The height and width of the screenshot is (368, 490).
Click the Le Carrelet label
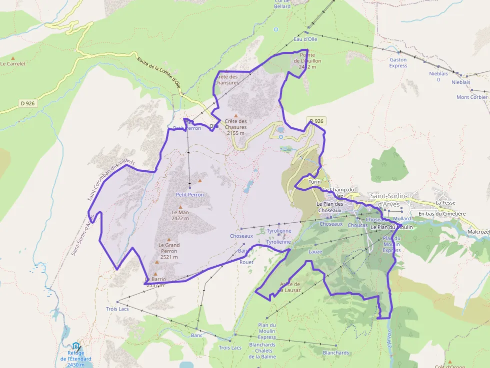click(13, 64)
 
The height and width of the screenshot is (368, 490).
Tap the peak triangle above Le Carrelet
click(13, 58)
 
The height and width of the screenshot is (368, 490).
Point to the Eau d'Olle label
click(305, 39)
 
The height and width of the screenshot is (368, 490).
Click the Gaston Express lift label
click(398, 62)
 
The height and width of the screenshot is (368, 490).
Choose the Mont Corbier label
click(471, 97)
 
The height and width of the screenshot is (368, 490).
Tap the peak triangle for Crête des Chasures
click(236, 115)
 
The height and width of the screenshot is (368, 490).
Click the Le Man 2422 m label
click(180, 215)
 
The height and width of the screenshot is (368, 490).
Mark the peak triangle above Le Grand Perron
click(168, 239)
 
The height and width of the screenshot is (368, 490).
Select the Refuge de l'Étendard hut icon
click(75, 346)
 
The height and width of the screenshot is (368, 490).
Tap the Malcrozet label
click(478, 232)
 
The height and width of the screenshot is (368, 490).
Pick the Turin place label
click(314, 182)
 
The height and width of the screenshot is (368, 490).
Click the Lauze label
click(315, 252)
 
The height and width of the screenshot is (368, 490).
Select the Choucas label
click(357, 225)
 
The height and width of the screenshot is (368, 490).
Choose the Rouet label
click(246, 262)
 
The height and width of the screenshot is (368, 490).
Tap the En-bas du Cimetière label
click(442, 214)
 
